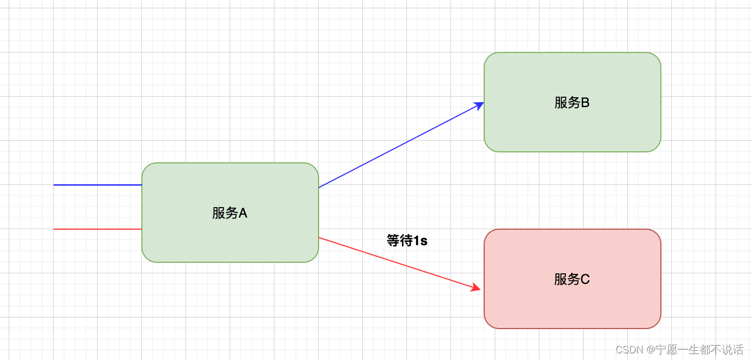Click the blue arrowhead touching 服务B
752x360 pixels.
click(x=479, y=105)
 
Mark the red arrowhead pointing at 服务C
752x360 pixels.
click(x=475, y=287)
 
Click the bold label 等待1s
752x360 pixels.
click(x=407, y=241)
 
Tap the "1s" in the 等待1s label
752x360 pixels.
click(x=421, y=241)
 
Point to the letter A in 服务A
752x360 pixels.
click(x=242, y=213)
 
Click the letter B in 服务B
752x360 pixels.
click(x=585, y=103)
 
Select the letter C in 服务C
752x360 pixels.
click(x=585, y=279)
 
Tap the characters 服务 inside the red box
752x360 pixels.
click(x=567, y=279)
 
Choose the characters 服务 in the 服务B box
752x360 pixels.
click(x=567, y=103)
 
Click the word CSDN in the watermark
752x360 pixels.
click(x=629, y=350)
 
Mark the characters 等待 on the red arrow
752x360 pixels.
click(x=400, y=241)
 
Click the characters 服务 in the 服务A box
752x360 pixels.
click(x=224, y=213)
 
